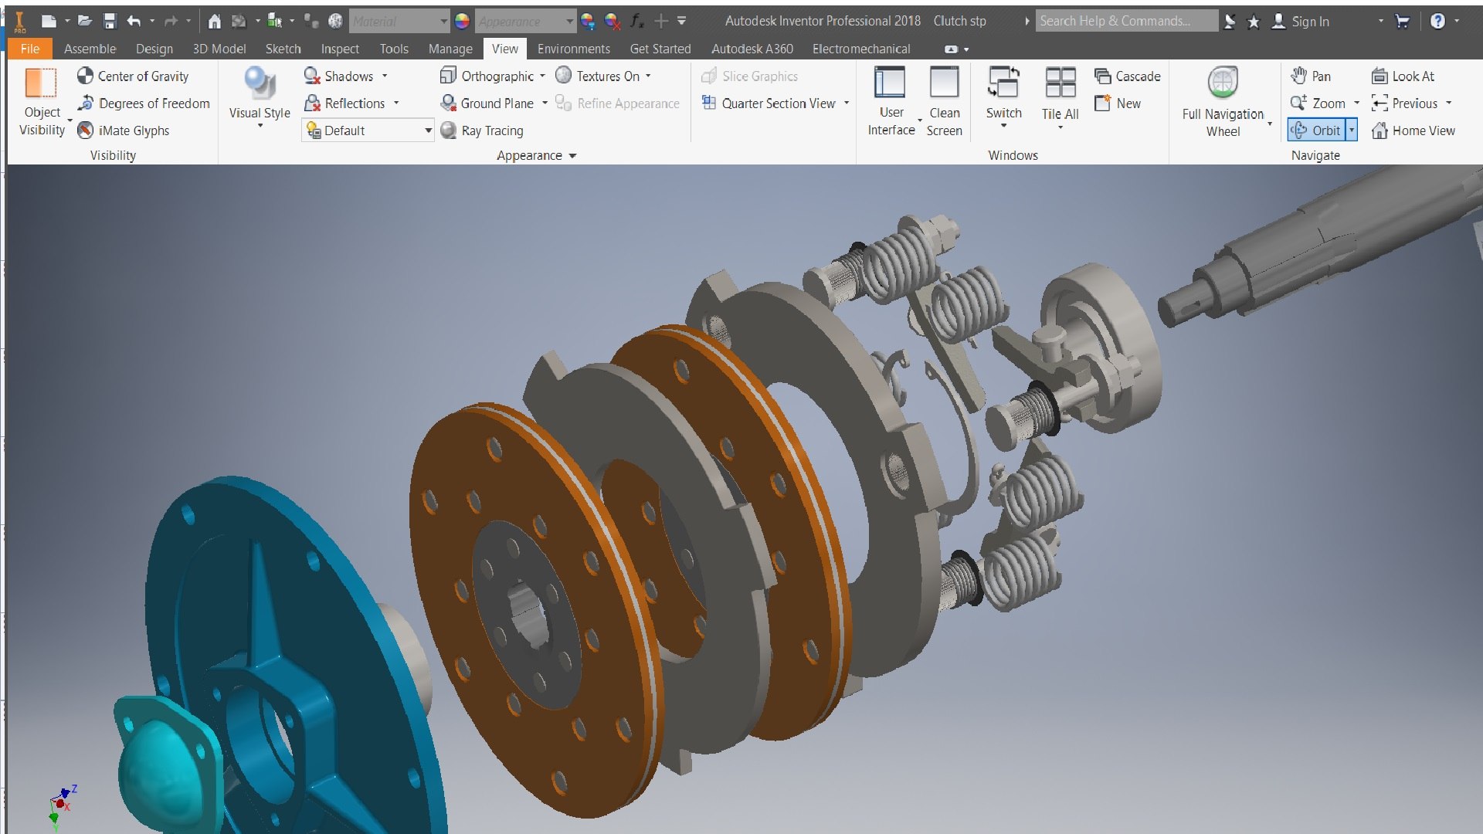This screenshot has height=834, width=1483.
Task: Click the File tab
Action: [x=30, y=49]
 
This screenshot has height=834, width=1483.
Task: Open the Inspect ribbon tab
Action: [x=340, y=49]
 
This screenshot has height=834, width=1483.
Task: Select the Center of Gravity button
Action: [x=133, y=76]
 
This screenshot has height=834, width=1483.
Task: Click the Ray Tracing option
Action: [x=482, y=131]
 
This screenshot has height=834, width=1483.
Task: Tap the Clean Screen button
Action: [x=944, y=100]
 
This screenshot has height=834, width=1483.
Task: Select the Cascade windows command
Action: [x=1128, y=76]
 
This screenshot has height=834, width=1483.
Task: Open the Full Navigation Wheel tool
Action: [x=1223, y=100]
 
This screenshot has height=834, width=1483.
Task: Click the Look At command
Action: [x=1403, y=76]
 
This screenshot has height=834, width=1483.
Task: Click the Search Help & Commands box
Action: [x=1125, y=21]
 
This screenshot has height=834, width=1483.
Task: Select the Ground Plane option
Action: [x=487, y=103]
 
